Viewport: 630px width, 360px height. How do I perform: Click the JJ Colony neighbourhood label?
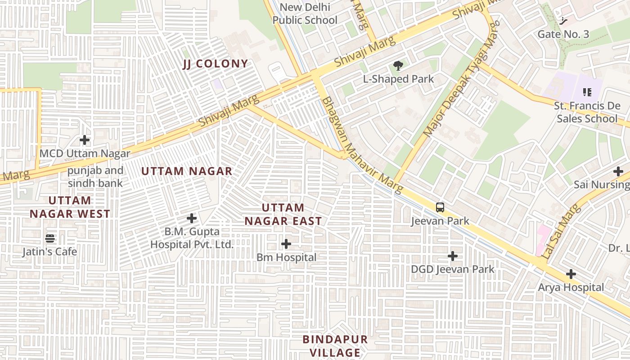215,64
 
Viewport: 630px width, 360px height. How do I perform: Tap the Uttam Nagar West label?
70,207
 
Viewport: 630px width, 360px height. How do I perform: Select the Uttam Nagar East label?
283,214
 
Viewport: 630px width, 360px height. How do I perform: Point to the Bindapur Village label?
335,346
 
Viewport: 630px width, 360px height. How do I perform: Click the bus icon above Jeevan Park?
440,207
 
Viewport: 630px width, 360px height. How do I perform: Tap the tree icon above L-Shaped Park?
398,66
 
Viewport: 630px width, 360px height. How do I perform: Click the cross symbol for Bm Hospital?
286,244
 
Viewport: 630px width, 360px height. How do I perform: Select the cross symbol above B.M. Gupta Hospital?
192,218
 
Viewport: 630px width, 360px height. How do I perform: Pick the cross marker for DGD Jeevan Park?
453,256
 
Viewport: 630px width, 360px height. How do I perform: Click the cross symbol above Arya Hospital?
571,274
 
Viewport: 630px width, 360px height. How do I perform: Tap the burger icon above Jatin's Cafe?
50,238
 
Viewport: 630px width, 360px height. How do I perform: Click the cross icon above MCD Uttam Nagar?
85,140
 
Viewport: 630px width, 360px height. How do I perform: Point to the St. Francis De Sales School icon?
587,92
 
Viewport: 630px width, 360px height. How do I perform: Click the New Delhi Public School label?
305,13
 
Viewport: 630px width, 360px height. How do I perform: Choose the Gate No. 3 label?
563,34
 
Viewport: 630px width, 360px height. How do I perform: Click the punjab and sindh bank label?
95,177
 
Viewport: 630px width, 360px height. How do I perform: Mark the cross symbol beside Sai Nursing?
618,171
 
